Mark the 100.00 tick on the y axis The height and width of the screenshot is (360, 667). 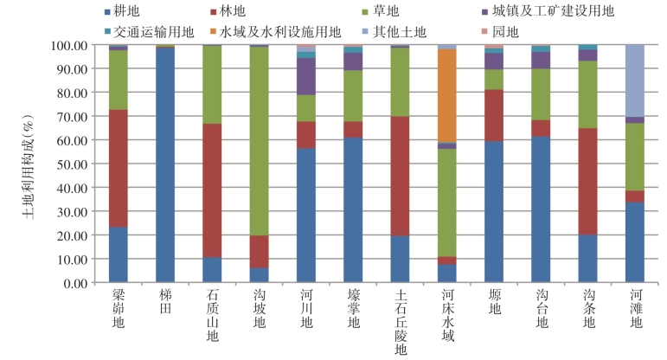point(70,45)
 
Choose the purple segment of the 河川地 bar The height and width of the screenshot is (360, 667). point(305,76)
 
